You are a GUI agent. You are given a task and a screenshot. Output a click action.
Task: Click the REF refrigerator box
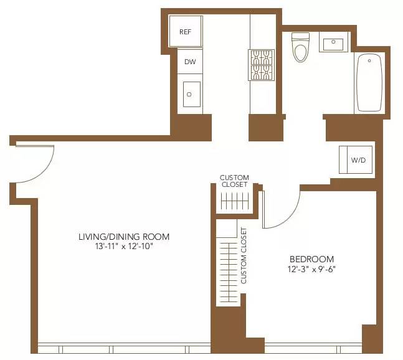(x=186, y=31)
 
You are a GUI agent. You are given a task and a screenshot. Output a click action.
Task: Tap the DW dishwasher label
(x=189, y=62)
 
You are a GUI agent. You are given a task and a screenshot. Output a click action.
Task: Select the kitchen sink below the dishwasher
(x=191, y=94)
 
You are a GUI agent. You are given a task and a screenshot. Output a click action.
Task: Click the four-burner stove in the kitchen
(x=262, y=65)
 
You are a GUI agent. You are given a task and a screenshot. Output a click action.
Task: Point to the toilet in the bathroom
(x=301, y=48)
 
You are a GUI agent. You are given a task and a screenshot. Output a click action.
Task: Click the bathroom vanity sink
(x=333, y=43)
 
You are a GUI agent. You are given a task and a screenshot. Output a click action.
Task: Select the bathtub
(x=369, y=83)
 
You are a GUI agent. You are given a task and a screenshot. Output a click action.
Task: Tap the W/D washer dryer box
(x=358, y=160)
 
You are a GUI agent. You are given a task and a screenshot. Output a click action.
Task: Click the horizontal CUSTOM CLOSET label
(x=234, y=181)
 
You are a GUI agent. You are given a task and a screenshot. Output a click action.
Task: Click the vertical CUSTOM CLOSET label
(x=244, y=255)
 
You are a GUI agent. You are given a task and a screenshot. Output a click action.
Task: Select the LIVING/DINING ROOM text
(x=123, y=237)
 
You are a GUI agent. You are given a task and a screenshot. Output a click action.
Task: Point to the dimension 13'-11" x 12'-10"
(x=123, y=247)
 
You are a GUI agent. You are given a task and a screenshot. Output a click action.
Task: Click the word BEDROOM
(x=311, y=259)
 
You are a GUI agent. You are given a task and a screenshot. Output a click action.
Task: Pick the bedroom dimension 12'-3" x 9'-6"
(x=311, y=270)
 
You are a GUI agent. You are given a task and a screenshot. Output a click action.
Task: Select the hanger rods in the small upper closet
(x=235, y=201)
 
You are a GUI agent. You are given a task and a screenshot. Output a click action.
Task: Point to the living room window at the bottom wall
(x=125, y=349)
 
